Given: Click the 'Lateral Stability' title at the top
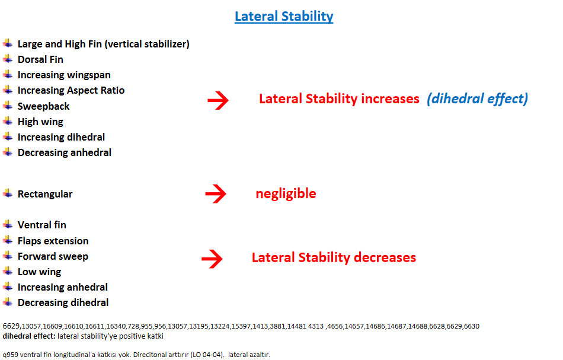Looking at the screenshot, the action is [284, 17].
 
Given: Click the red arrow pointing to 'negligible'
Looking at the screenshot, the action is [216, 194].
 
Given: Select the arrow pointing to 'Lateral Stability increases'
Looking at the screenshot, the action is [218, 100].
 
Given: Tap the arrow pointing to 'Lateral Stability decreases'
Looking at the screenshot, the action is [212, 259].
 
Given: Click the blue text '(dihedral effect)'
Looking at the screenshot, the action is [477, 99].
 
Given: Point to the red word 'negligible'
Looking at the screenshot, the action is [286, 194].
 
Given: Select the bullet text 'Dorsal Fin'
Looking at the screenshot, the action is [40, 59].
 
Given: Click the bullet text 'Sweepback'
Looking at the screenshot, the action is [43, 106].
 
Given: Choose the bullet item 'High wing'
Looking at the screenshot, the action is [40, 122].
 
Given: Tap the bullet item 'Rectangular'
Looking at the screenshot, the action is [45, 194].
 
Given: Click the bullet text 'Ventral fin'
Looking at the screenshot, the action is [42, 225].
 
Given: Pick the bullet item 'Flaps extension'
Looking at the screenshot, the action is [53, 241].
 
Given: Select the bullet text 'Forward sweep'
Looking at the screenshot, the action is [53, 256].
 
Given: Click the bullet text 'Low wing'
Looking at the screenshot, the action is [40, 272].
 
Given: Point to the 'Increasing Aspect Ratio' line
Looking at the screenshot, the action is [71, 90].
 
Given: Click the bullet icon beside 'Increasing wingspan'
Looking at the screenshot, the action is [8, 74].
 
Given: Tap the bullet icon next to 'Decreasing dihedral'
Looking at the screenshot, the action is [8, 302].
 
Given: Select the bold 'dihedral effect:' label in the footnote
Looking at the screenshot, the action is [29, 336].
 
